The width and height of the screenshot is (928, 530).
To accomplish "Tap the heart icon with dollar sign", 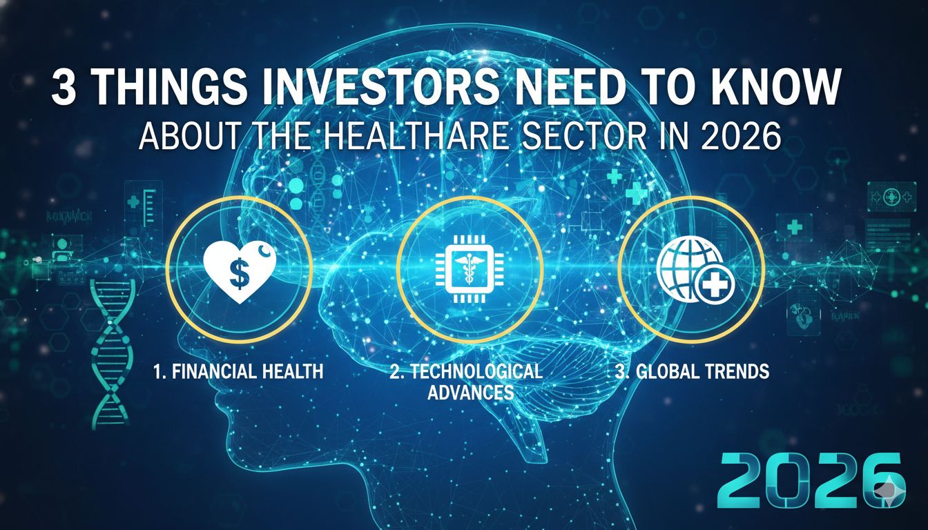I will coord(240,270).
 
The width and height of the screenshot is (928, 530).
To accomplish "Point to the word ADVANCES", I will coord(470,393).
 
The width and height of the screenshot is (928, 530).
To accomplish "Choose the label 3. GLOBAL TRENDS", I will coord(692,371).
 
